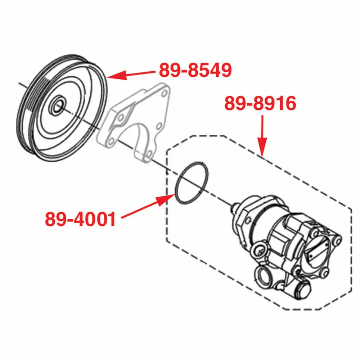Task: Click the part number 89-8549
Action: pyautogui.click(x=195, y=71)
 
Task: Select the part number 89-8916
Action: pyautogui.click(x=260, y=104)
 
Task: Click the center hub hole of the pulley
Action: pyautogui.click(x=57, y=107)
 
